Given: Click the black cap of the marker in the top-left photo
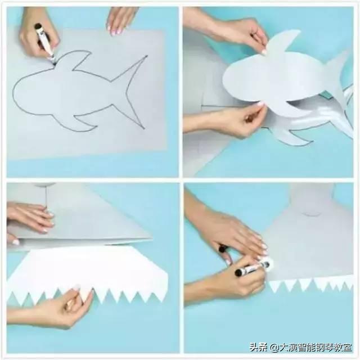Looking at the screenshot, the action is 38,27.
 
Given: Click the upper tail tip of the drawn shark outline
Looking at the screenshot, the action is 146,56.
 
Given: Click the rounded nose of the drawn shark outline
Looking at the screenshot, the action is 16,92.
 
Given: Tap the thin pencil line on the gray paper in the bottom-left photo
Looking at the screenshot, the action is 46,197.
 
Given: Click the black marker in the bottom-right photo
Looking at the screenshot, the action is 252,269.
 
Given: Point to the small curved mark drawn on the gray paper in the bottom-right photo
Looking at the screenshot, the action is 312,214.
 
